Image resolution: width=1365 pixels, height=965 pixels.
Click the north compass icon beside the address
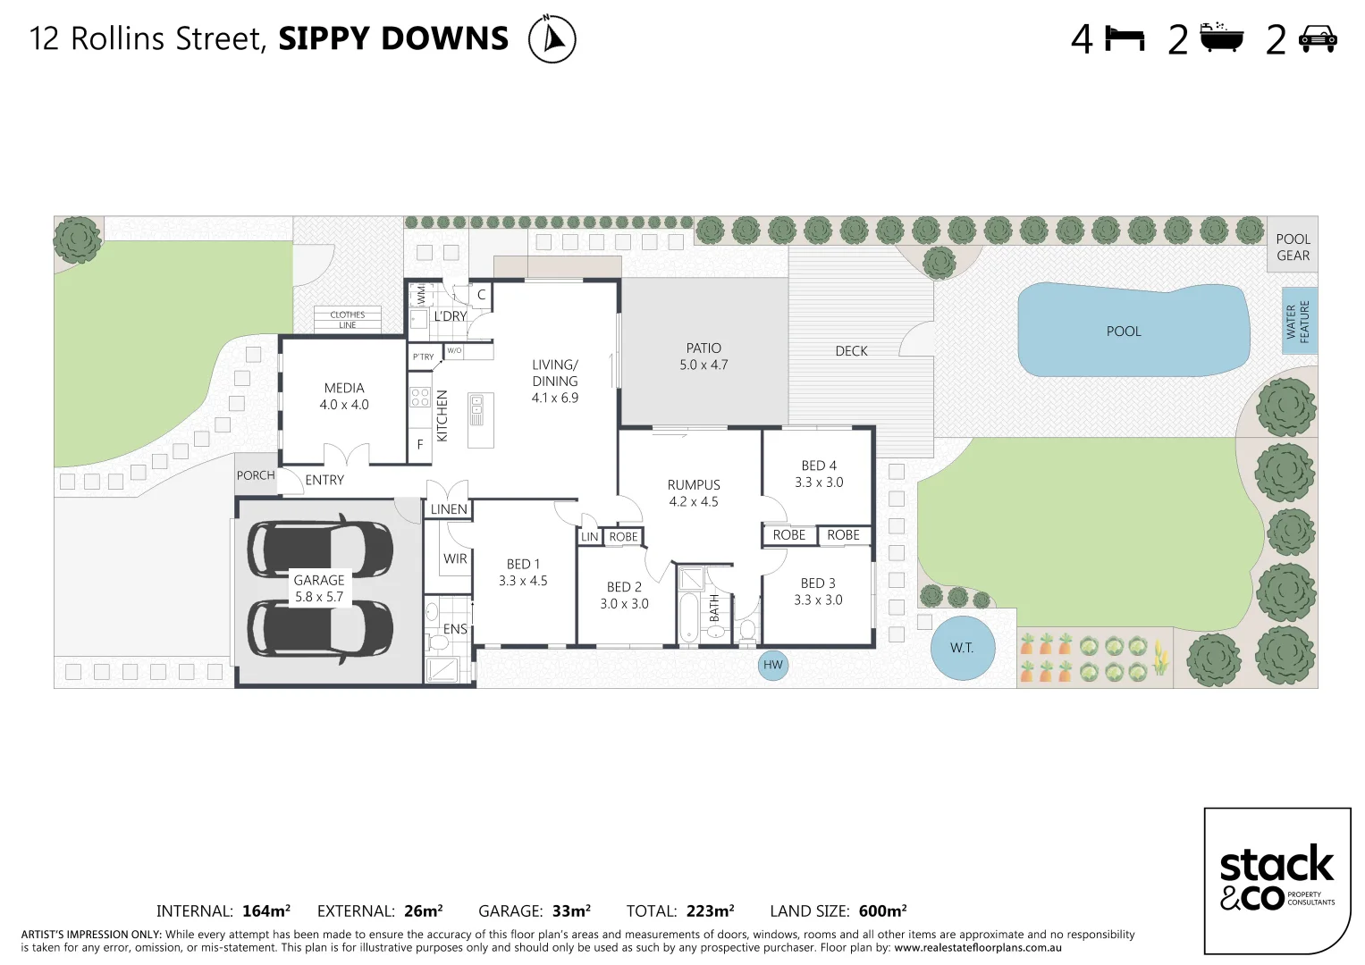(552, 39)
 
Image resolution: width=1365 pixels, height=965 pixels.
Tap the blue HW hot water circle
(773, 665)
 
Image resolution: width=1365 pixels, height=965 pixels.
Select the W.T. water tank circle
(962, 648)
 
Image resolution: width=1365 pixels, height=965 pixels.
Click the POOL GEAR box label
(1293, 247)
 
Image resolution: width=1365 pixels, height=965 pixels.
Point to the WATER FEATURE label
(1298, 322)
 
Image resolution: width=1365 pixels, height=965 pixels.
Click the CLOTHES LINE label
(348, 319)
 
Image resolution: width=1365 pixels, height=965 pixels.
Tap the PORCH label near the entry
(256, 475)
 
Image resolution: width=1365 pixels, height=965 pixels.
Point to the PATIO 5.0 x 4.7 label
(704, 357)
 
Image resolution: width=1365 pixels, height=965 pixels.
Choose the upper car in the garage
(319, 546)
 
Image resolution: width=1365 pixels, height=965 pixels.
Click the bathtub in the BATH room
(688, 617)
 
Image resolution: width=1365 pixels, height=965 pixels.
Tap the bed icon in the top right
(1125, 39)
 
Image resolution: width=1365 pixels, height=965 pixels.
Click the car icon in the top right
(1318, 39)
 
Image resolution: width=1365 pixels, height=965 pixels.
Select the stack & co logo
(1277, 879)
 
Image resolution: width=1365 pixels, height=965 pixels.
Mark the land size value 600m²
(882, 911)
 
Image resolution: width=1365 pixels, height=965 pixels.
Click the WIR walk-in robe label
(455, 558)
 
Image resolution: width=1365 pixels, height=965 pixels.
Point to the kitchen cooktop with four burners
(419, 397)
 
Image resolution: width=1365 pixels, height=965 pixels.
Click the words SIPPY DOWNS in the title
(393, 38)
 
